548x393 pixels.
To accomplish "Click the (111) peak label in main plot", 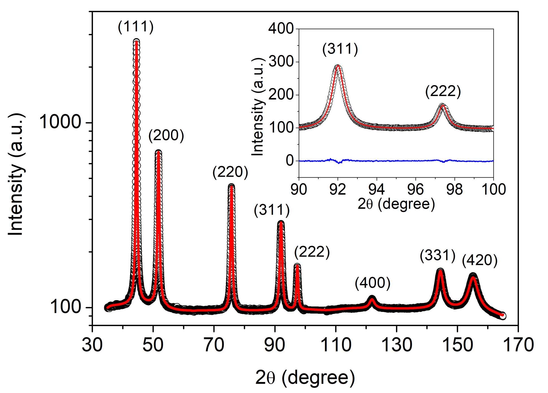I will click(136, 27).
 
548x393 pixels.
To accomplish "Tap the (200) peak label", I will click(166, 136).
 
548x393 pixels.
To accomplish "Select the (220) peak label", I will click(230, 172).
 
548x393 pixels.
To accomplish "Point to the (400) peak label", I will click(372, 283).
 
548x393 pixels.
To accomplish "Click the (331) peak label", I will click(437, 256).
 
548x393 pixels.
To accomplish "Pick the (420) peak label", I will click(479, 260).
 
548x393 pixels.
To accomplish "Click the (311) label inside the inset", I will click(340, 49).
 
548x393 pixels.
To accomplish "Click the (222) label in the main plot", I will click(312, 252).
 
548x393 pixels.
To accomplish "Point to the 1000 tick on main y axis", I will click(60, 122).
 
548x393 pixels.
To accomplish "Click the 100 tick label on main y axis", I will click(66, 307).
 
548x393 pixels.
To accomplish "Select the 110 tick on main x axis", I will click(336, 345).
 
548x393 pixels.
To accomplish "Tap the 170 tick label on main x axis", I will click(518, 345).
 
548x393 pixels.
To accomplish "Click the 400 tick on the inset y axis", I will click(281, 29).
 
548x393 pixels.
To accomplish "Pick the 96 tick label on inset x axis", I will click(415, 189).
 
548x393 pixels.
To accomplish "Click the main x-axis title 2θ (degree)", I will click(305, 378).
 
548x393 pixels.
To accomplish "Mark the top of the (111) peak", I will click(136, 41).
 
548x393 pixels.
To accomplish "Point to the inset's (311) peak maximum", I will click(338, 66).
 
